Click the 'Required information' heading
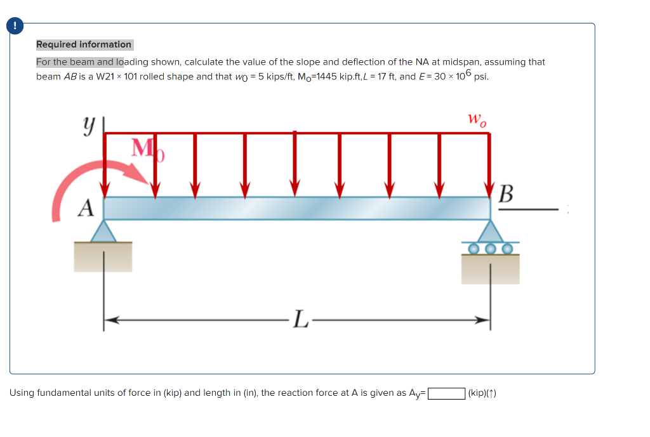(84, 44)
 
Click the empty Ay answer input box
(447, 393)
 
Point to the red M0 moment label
(147, 150)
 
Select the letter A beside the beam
(86, 207)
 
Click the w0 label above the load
(477, 120)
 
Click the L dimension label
(300, 321)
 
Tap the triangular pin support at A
(103, 231)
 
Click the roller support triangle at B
(489, 232)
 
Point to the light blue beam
(297, 207)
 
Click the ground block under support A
(103, 256)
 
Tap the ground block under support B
(490, 269)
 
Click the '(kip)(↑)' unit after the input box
(482, 393)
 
